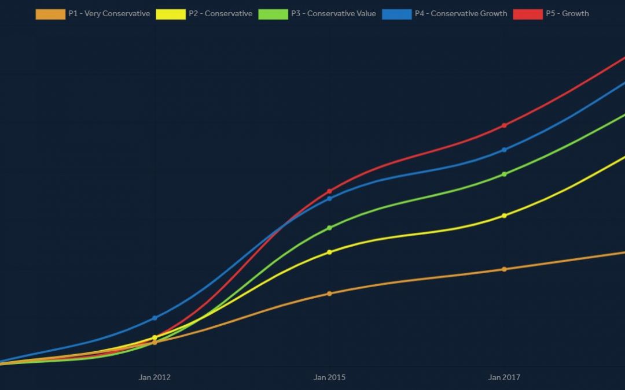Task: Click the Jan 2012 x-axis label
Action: (155, 378)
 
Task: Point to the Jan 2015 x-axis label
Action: (329, 378)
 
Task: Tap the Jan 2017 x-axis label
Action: (504, 378)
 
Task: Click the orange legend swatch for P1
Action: (50, 14)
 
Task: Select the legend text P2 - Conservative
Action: (220, 13)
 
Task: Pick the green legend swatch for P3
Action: (273, 14)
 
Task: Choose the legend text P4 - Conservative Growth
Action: (461, 13)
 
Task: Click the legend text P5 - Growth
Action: (567, 13)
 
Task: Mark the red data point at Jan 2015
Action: (329, 191)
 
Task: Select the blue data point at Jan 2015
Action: (329, 199)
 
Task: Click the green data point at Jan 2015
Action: (329, 228)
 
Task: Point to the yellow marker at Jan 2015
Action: (329, 252)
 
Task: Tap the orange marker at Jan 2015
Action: (329, 294)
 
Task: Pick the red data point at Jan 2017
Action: (504, 125)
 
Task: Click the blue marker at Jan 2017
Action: (504, 150)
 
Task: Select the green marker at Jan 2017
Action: (504, 174)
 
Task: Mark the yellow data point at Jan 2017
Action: (504, 216)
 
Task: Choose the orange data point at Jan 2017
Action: (504, 269)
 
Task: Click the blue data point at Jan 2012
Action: (155, 318)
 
